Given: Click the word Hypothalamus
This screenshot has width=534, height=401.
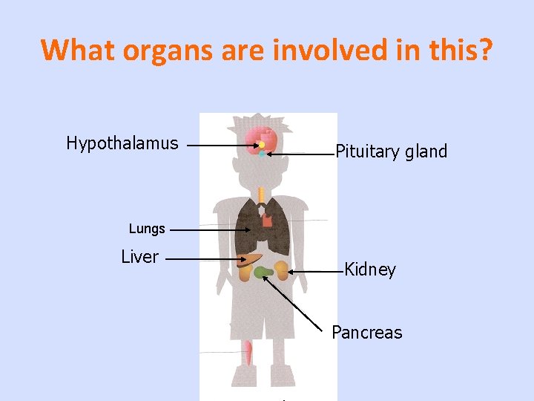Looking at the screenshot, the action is click(122, 143).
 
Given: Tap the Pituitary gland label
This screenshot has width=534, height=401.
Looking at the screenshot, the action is click(392, 152).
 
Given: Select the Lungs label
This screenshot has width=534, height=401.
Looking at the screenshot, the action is click(147, 229).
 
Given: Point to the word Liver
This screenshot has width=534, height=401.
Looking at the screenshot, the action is click(140, 257).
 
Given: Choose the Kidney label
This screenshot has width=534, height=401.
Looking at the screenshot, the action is click(370, 270).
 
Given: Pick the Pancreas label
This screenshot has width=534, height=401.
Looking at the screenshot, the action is click(367, 333).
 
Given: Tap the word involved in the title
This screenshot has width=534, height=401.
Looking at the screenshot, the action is click(345, 50).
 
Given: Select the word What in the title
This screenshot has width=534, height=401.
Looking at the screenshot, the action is click(76, 50).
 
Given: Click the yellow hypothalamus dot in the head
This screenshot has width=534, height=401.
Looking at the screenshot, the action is click(261, 145).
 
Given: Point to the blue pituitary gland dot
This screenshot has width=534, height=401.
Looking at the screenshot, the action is click(262, 154).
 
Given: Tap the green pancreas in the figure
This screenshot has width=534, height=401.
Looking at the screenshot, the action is click(263, 273).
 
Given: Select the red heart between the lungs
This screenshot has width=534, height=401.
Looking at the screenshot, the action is click(267, 221).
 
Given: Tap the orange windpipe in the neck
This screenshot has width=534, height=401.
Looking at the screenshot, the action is click(261, 195).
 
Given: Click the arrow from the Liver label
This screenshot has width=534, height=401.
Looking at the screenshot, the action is click(205, 259).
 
